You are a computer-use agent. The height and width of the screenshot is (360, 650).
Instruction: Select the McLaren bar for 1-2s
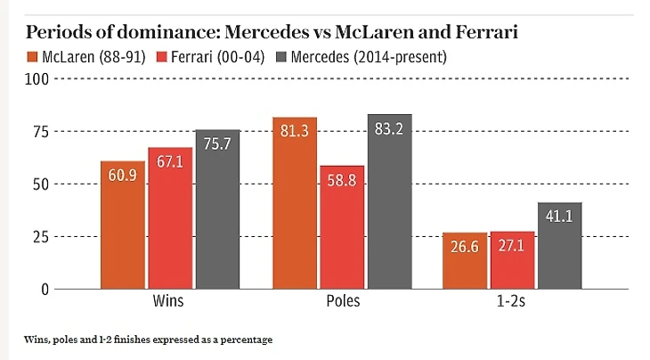tap(466, 262)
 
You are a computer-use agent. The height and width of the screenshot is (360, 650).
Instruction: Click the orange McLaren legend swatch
tap(34, 57)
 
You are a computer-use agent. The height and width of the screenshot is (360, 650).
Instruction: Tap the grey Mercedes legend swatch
tap(284, 57)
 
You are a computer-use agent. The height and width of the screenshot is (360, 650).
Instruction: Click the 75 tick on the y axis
tap(41, 132)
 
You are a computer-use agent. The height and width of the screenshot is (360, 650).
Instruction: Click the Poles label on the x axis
tap(342, 301)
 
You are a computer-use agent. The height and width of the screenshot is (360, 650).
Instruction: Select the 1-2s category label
tap(513, 301)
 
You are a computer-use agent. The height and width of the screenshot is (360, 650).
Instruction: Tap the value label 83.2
tap(389, 129)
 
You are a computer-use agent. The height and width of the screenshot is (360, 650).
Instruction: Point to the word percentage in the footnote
tap(244, 340)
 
